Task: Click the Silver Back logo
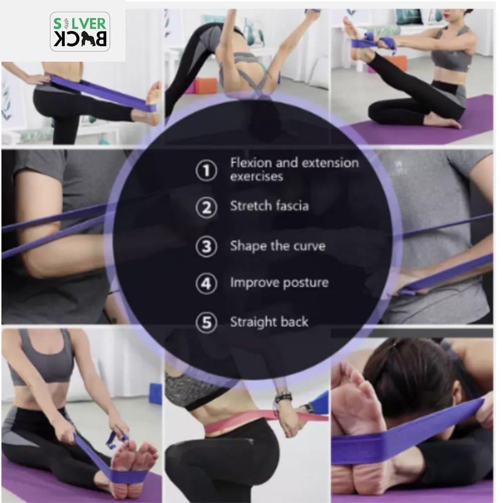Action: (x=80, y=32)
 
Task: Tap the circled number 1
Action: (x=206, y=171)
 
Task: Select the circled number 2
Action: (x=206, y=208)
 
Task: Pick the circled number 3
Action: (x=206, y=246)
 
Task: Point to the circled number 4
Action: (x=206, y=284)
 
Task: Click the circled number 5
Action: (x=206, y=322)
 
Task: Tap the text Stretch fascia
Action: (x=270, y=206)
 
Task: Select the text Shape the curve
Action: (x=278, y=246)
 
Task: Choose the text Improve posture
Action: (x=279, y=283)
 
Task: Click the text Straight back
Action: (x=269, y=322)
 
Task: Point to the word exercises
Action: (x=257, y=177)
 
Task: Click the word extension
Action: (x=330, y=162)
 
